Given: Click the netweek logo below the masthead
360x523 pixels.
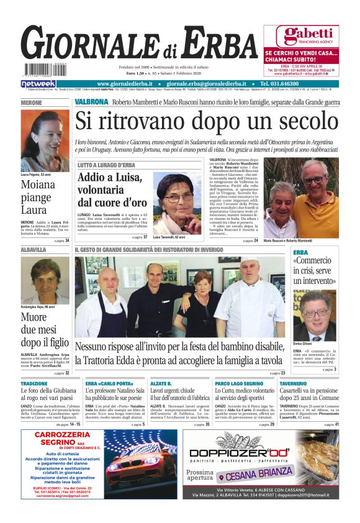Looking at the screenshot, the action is click(x=38, y=84).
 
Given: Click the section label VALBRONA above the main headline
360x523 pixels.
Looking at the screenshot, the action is click(x=91, y=101).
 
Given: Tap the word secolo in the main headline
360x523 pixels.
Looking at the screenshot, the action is click(x=301, y=120).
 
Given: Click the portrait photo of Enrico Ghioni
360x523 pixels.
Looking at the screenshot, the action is click(x=315, y=315).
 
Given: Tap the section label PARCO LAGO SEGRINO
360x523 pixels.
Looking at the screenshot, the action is click(x=240, y=384).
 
